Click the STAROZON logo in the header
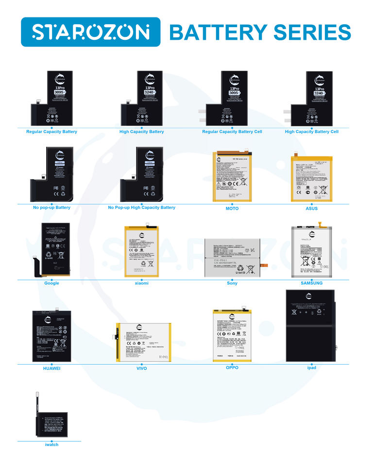tap(90, 32)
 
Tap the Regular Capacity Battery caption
tap(51, 132)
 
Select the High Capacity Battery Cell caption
tap(311, 132)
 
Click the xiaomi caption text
tap(142, 283)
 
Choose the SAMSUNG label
tap(311, 283)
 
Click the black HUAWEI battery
tap(51, 335)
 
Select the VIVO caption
tap(142, 368)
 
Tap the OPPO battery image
tap(232, 335)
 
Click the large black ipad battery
tap(310, 325)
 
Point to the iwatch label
tap(51, 444)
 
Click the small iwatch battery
tap(52, 423)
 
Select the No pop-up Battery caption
tap(51, 207)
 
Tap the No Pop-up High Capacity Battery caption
tap(142, 207)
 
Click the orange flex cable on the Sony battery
tap(264, 265)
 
